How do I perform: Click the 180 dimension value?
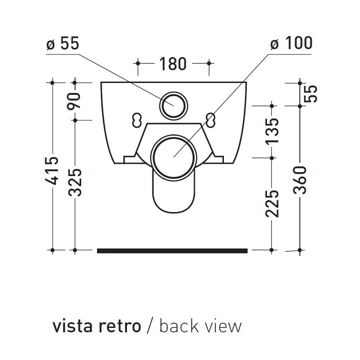(173, 64)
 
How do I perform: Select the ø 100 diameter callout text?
(291, 43)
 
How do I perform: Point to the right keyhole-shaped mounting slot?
(211, 119)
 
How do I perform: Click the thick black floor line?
(172, 251)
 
